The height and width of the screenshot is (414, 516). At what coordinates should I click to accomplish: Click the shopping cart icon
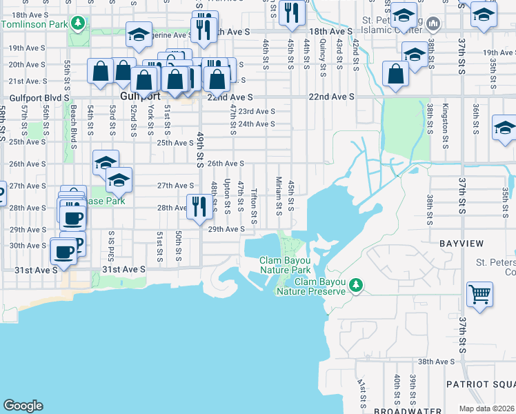point(479,293)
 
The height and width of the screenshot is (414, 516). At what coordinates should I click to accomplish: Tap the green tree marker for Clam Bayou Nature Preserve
point(356,284)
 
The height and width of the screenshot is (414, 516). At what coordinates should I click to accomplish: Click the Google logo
point(23,406)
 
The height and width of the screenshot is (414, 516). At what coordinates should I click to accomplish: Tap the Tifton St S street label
point(254,206)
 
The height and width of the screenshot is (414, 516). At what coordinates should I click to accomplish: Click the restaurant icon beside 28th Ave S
point(199,206)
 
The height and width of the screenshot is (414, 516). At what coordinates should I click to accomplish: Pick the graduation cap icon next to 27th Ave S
point(119,181)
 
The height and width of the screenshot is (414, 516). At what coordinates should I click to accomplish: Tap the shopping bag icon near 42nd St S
point(396,75)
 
